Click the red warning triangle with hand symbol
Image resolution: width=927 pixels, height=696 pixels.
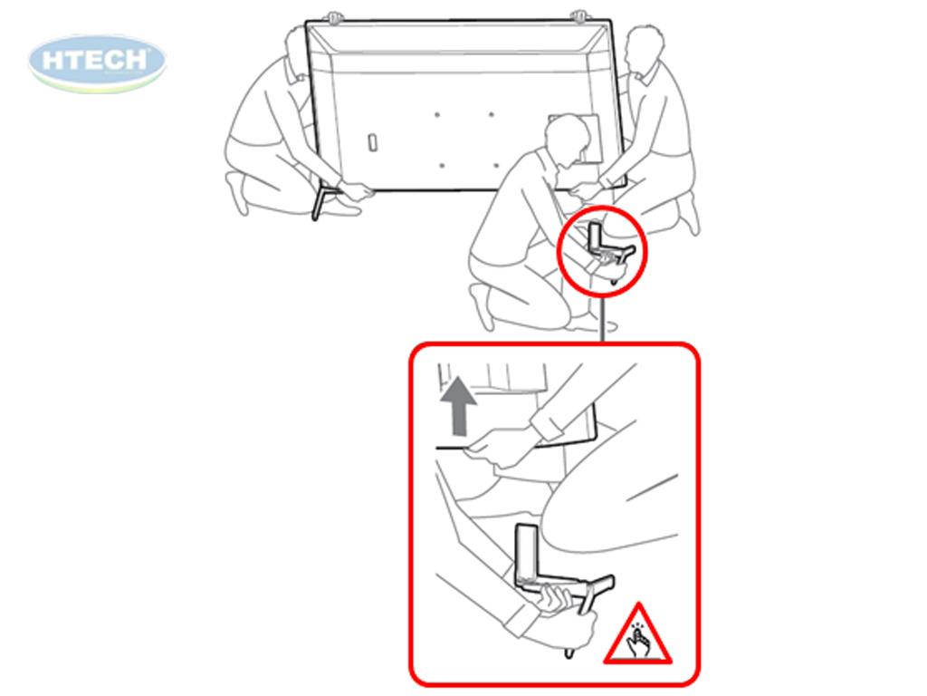click(638, 636)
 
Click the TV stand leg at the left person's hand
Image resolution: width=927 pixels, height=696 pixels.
click(321, 202)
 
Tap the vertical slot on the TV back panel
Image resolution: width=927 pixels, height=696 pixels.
click(372, 142)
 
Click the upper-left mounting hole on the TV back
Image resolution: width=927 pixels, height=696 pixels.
click(437, 114)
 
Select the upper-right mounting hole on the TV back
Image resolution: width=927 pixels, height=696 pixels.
click(492, 114)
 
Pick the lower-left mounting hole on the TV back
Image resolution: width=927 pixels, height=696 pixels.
click(441, 165)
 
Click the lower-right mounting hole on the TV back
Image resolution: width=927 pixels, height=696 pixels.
click(495, 165)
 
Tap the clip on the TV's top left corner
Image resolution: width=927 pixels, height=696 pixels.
click(335, 18)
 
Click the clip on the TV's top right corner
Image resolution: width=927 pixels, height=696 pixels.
click(579, 18)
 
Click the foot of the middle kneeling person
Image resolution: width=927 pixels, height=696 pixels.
click(482, 305)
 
